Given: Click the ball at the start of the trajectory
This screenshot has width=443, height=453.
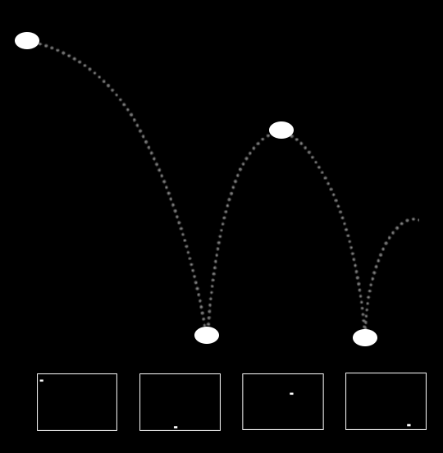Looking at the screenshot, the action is tap(27, 40).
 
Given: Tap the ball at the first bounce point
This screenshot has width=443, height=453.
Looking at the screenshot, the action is tap(207, 335).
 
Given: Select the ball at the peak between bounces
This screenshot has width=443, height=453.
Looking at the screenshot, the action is tap(281, 130).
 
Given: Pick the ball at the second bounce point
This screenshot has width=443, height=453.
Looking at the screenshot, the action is tap(365, 337).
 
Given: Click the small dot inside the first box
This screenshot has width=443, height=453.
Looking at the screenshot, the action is tap(42, 380).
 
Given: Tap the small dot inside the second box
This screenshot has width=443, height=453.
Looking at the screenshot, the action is tap(176, 427).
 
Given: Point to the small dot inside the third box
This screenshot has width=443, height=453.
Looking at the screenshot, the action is tap(291, 393).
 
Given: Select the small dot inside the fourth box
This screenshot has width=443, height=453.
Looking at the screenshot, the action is tap(409, 424).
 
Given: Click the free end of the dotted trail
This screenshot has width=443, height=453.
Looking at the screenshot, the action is tap(418, 219).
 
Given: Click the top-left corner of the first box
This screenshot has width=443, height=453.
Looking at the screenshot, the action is tap(38, 374).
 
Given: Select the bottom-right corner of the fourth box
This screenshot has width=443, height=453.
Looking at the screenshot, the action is tap(426, 429).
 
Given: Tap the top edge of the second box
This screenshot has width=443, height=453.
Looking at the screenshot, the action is tap(180, 374).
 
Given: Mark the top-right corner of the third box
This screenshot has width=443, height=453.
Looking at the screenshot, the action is tap(323, 374).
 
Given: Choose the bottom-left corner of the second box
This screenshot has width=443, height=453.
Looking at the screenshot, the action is tap(140, 430).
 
